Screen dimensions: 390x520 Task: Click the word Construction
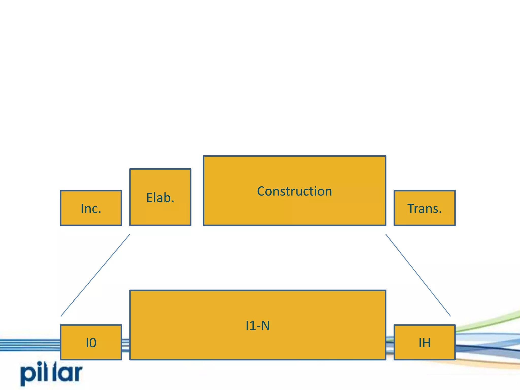tap(295, 191)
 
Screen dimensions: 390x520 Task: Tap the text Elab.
tap(160, 198)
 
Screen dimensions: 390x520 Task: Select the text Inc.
tap(91, 208)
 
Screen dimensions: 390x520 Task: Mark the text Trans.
tap(425, 208)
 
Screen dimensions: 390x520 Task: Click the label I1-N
tap(258, 326)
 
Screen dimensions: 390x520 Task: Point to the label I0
tap(91, 343)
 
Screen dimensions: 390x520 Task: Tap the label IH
tap(425, 343)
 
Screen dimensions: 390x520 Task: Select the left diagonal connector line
tap(95, 275)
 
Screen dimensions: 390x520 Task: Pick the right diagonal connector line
tap(418, 275)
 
